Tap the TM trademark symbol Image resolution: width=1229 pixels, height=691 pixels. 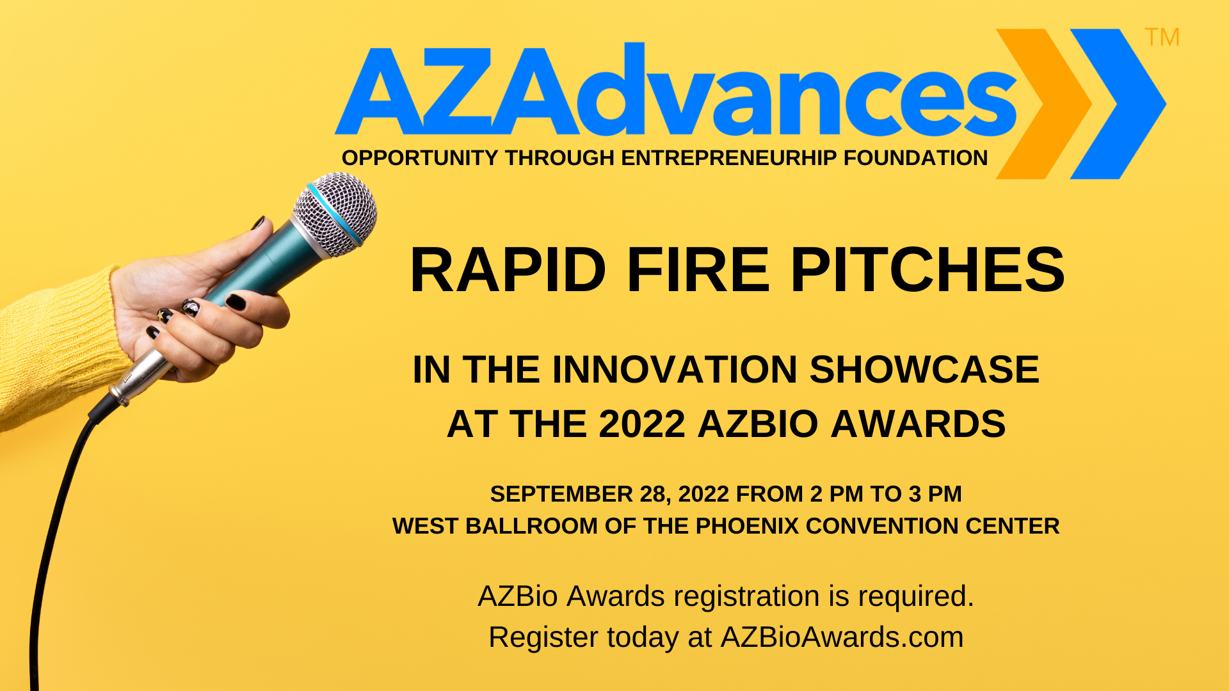click(x=1162, y=37)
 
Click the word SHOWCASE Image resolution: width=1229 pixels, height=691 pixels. click(x=924, y=370)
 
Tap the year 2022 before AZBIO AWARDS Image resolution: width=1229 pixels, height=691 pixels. click(x=642, y=424)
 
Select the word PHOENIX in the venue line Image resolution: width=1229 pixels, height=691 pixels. click(x=747, y=526)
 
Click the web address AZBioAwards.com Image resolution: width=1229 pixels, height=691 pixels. click(x=842, y=637)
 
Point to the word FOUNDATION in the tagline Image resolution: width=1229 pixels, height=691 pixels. click(x=915, y=158)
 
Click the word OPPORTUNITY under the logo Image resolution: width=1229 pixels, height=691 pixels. click(x=420, y=158)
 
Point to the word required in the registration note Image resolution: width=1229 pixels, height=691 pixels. click(x=916, y=597)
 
